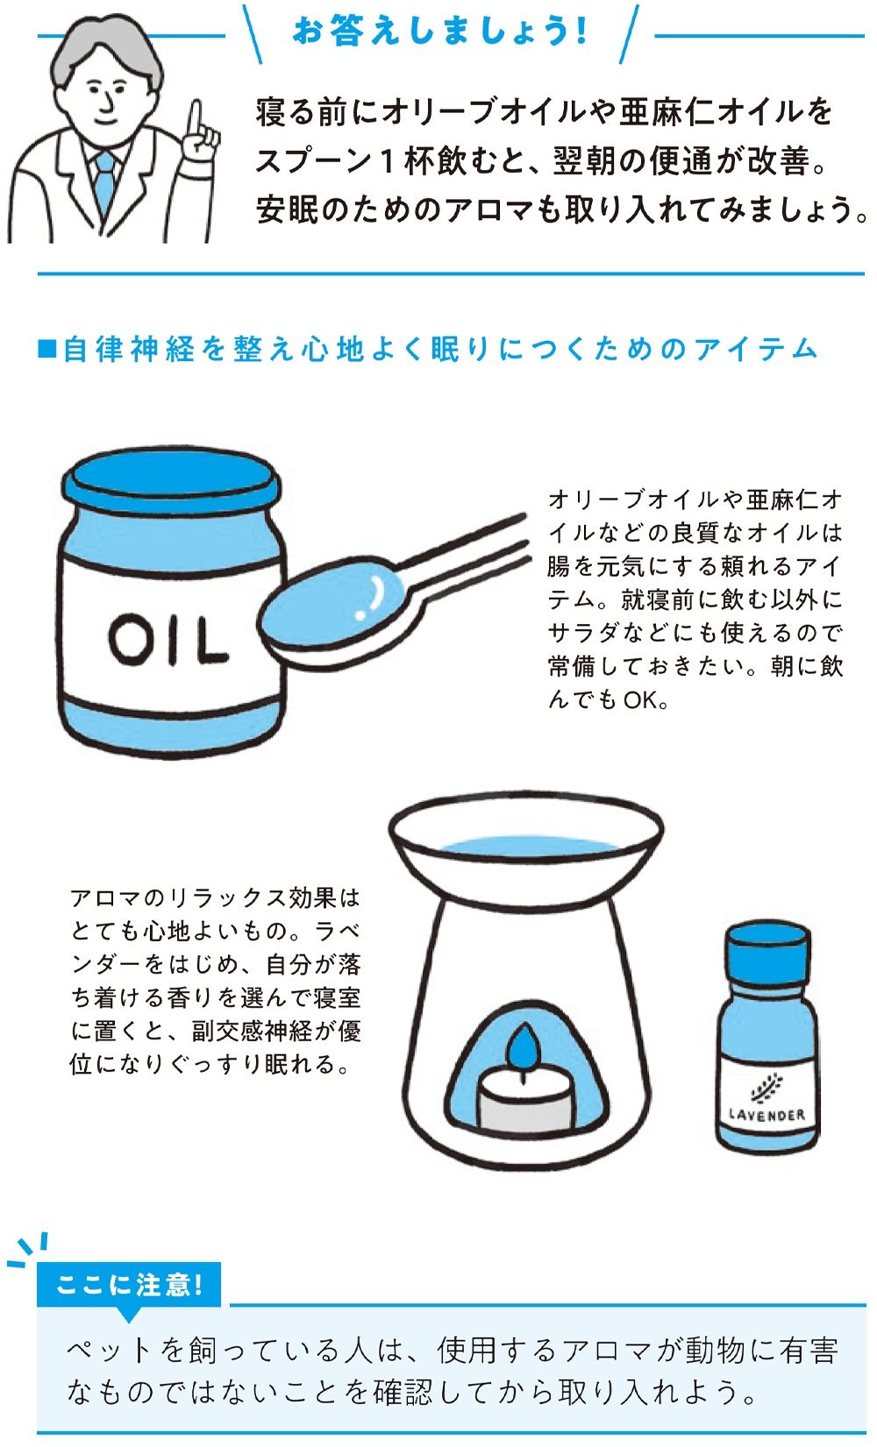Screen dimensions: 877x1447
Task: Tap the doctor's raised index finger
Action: [196, 117]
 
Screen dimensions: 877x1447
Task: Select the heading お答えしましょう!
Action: [440, 32]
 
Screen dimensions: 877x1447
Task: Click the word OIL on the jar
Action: [168, 640]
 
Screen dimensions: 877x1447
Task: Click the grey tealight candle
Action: [524, 1102]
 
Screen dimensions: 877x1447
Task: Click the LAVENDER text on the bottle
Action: [767, 1115]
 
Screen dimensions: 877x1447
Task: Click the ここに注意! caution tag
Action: [129, 1285]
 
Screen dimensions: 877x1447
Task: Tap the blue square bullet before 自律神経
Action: [47, 349]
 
